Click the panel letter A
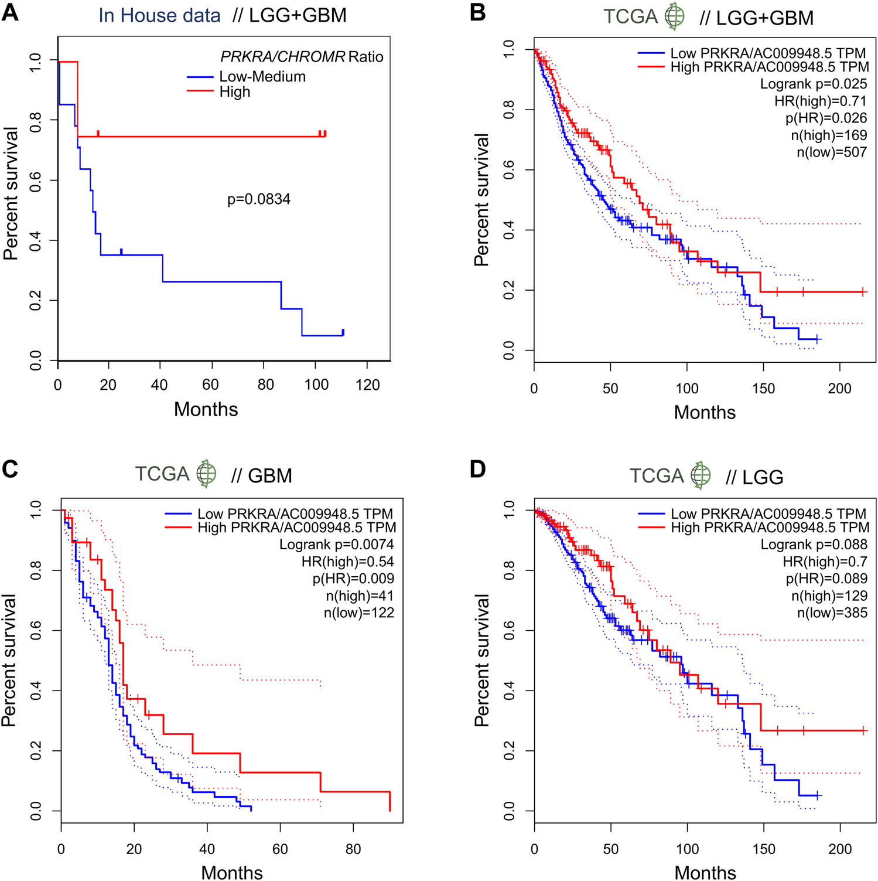10,12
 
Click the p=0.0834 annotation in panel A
259,199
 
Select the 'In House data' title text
159,15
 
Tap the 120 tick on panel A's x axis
367,385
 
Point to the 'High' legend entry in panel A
235,92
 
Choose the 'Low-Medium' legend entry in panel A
262,77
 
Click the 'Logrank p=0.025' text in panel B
814,84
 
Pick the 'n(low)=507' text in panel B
832,152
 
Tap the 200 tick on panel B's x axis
839,389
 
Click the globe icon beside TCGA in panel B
675,16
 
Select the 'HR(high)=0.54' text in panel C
348,562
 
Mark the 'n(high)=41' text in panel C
360,596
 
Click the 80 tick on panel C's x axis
353,849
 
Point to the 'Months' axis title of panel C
232,872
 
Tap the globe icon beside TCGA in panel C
206,474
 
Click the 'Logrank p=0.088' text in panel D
814,545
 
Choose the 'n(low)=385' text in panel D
832,613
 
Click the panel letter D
478,470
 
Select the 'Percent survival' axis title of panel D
482,660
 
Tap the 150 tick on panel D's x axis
763,849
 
